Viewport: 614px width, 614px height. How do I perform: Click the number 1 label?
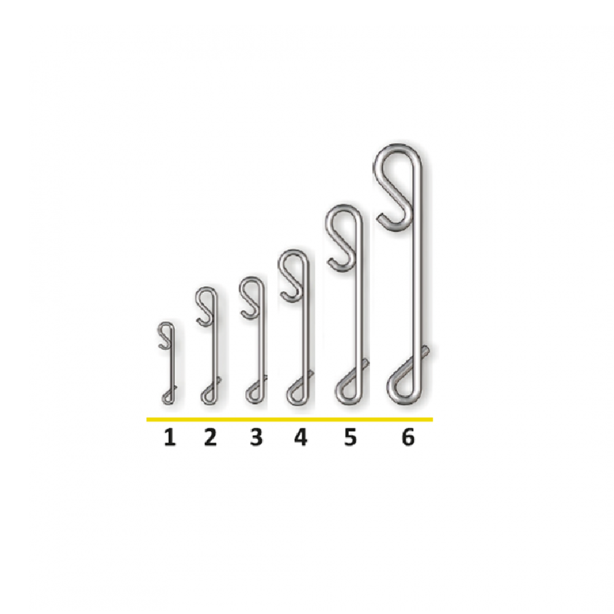coord(169,437)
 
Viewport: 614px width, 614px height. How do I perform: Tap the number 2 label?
coord(210,437)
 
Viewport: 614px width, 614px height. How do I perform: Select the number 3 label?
coord(257,437)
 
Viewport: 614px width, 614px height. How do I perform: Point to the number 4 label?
coord(300,437)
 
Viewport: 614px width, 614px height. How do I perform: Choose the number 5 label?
coord(351,437)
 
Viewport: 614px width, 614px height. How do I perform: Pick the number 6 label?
coord(408,437)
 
